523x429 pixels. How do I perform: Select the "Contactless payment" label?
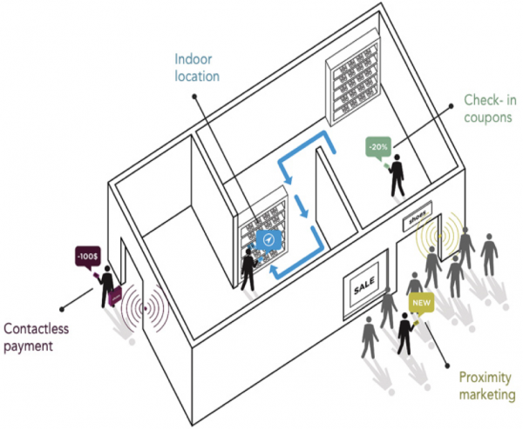(x=37, y=339)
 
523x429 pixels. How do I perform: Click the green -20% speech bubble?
(x=377, y=147)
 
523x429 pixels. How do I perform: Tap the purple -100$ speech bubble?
(x=87, y=258)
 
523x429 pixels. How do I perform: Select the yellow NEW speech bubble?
(x=421, y=304)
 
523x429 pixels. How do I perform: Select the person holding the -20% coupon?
(x=398, y=175)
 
